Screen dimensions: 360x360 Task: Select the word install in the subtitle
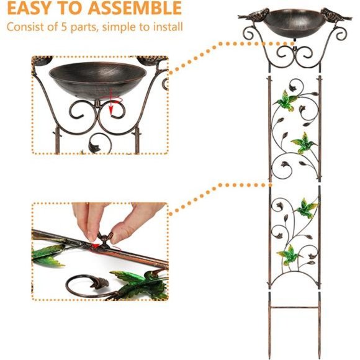[166, 27]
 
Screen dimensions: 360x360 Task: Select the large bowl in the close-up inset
[97, 77]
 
